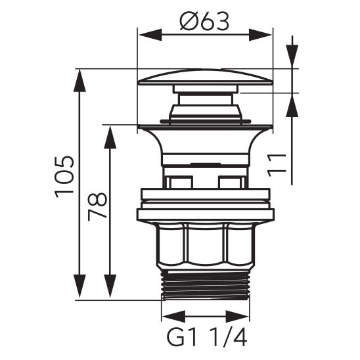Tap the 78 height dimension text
coord(97,206)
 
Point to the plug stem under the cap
coord(204,101)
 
